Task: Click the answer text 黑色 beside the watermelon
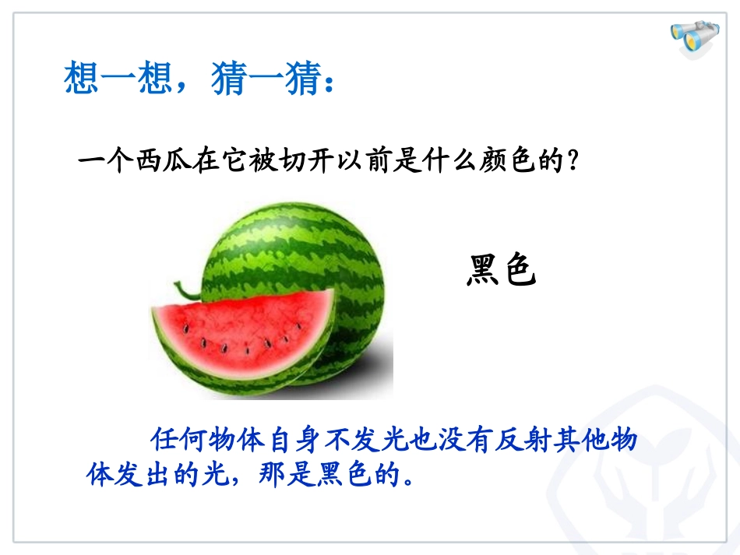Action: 502,270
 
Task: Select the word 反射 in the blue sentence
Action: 534,440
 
